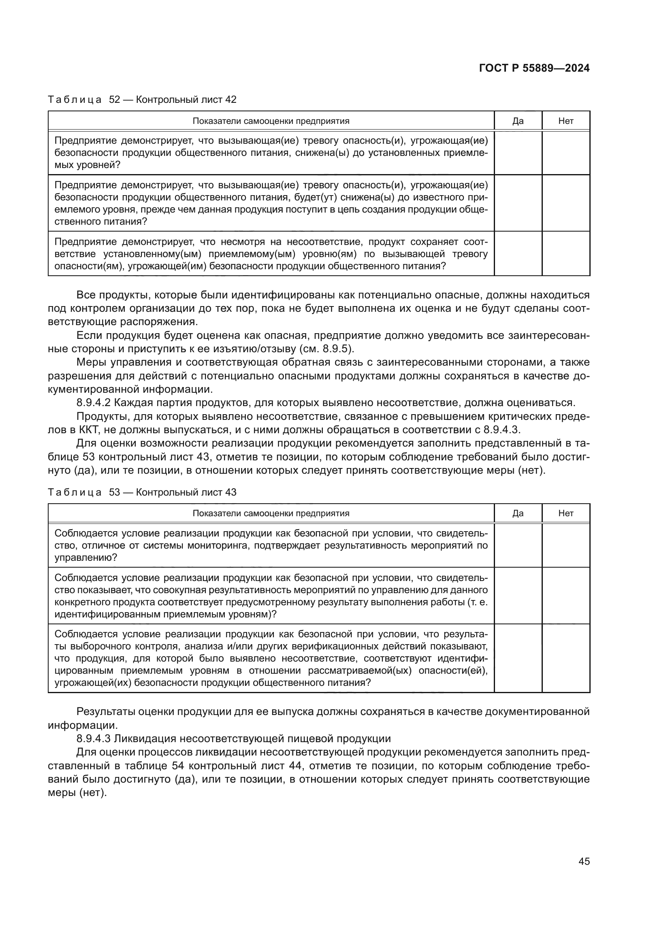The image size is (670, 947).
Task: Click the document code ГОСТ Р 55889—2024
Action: coord(534,68)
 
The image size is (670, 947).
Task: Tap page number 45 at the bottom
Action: coord(584,861)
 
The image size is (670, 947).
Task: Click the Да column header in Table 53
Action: coord(518,513)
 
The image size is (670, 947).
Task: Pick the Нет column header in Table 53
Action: coord(565,513)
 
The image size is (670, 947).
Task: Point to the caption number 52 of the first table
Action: coord(114,100)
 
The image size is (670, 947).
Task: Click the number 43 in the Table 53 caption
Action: coord(230,492)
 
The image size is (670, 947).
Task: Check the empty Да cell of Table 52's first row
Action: coord(518,153)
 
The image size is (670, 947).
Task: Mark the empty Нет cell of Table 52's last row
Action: coord(565,253)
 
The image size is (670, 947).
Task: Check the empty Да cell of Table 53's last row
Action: coord(518,658)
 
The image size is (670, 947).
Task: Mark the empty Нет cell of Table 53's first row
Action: coord(565,545)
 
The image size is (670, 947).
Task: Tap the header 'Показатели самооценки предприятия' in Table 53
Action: coord(271,513)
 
